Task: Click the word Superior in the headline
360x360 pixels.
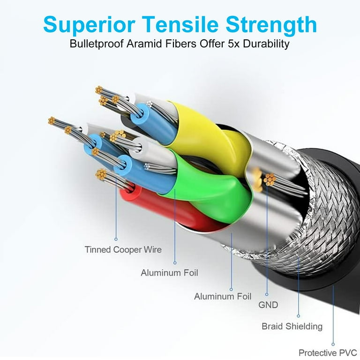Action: [89, 25]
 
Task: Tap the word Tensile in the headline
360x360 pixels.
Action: [180, 24]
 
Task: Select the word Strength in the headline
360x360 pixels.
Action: [271, 25]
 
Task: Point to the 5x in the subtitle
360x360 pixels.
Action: [234, 44]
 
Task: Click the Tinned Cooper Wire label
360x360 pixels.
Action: [123, 249]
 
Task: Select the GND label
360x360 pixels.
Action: [268, 305]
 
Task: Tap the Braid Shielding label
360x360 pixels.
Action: [292, 326]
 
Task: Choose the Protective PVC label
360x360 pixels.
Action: [328, 352]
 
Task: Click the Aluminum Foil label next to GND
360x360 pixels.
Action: [223, 296]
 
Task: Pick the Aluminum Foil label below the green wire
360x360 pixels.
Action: [169, 273]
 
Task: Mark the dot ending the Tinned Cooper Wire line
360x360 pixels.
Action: [116, 239]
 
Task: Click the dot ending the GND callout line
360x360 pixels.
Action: [267, 294]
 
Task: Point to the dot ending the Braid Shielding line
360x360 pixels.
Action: [299, 316]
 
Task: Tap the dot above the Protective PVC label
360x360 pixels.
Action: [333, 344]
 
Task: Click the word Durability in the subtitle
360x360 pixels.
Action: [266, 44]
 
